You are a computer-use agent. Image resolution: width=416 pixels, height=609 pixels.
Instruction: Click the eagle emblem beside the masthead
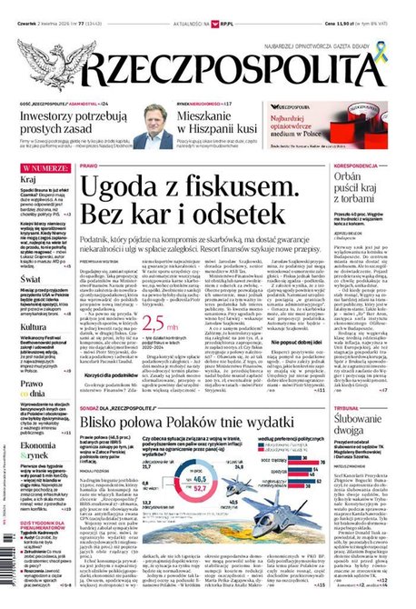pyautogui.click(x=41, y=60)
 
